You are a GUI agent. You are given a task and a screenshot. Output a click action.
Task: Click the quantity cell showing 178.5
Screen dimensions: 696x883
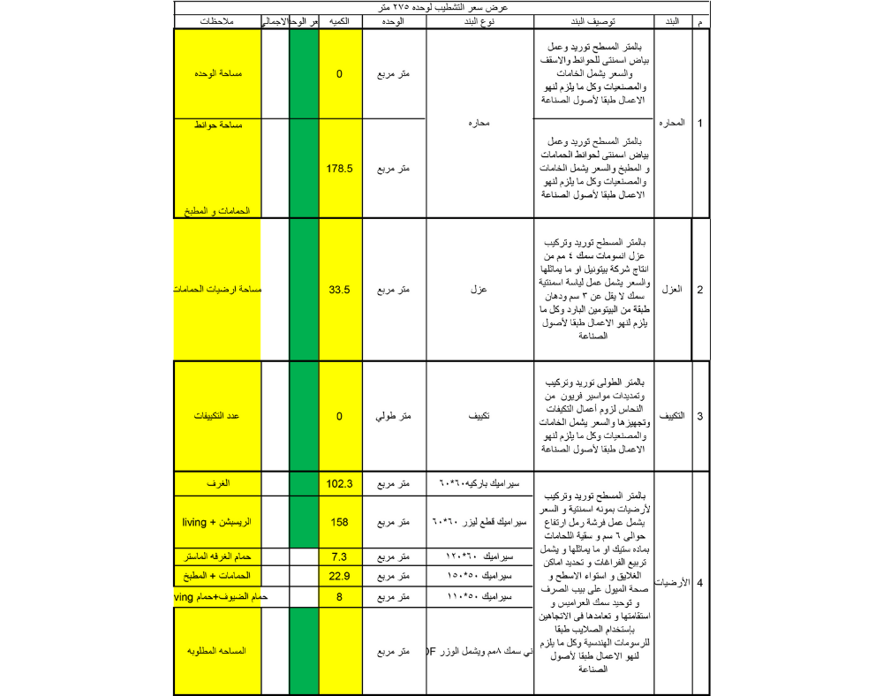pos(340,168)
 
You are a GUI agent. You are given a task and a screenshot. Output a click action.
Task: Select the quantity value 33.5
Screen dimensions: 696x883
pos(340,290)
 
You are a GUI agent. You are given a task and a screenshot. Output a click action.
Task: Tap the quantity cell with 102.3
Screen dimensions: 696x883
pos(340,484)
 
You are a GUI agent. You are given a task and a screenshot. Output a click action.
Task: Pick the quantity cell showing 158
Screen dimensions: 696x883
pos(340,522)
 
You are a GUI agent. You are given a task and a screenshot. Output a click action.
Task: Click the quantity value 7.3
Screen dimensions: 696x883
pos(340,558)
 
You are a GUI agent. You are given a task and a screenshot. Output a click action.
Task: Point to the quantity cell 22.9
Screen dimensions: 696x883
pos(340,577)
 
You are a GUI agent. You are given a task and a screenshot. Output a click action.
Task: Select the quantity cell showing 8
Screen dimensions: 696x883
pos(340,597)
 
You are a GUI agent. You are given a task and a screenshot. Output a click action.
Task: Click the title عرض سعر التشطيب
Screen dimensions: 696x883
pos(441,7)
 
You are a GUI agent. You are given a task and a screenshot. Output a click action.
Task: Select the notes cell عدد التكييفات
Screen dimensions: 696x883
pos(217,416)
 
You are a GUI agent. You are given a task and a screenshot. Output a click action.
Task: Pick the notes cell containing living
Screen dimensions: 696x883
pos(217,522)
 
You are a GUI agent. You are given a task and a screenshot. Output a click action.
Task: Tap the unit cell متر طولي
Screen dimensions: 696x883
pos(394,416)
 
